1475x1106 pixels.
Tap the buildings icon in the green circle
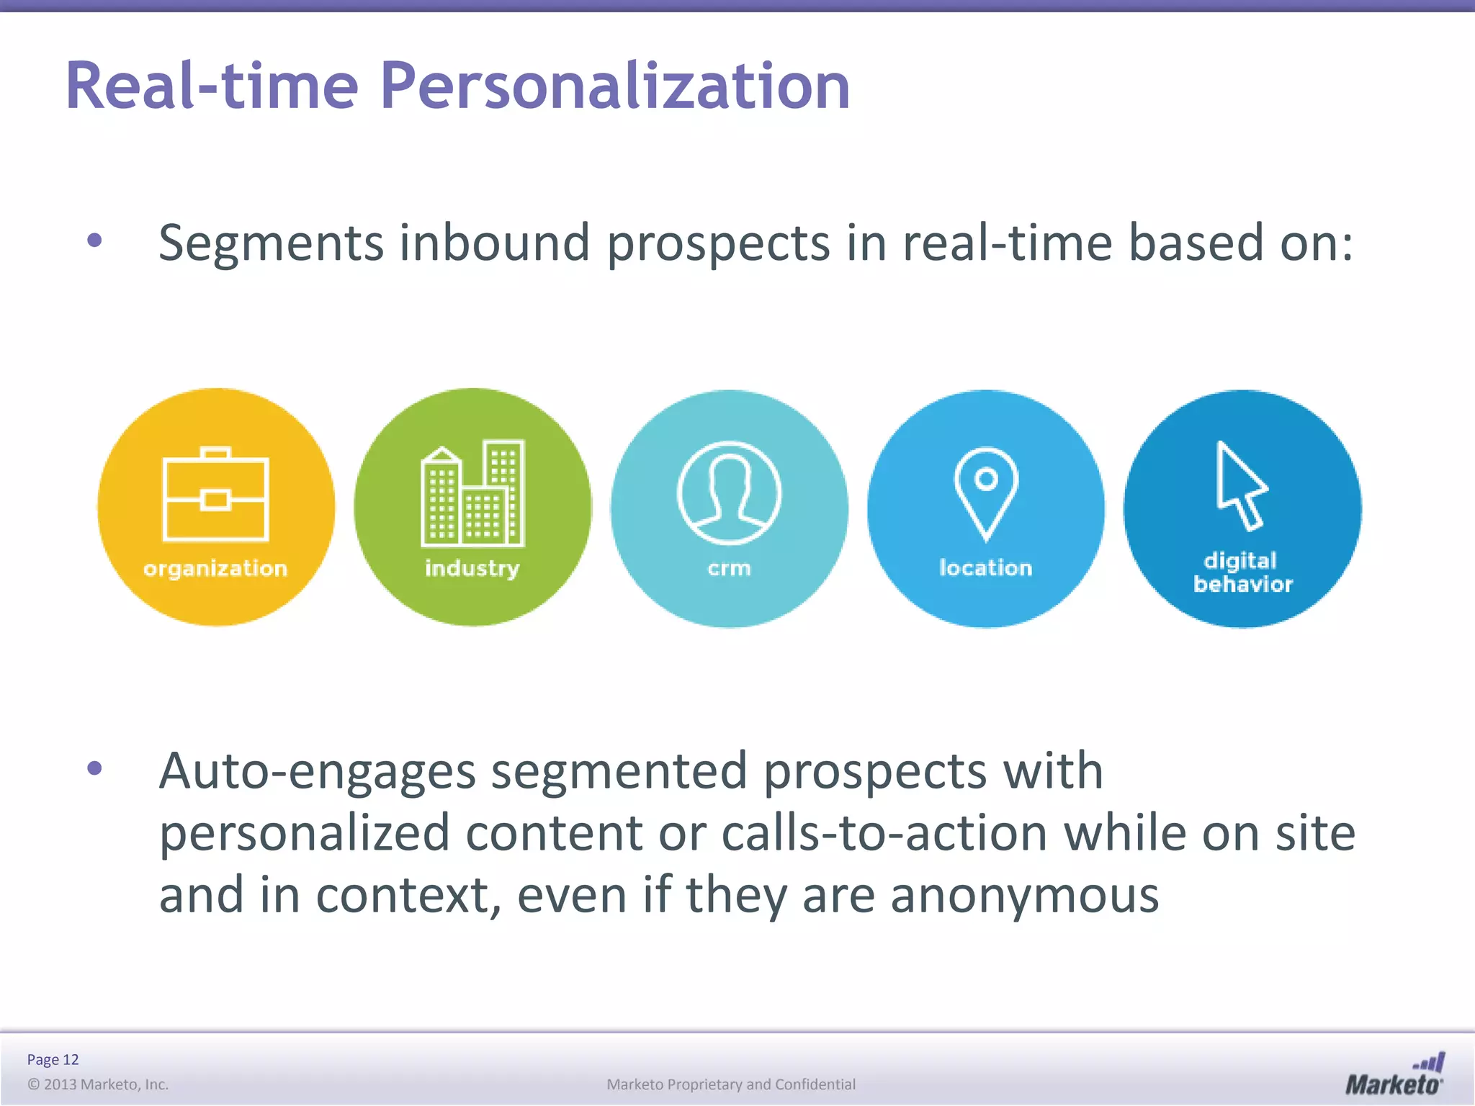(x=472, y=494)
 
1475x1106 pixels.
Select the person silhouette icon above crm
(x=729, y=493)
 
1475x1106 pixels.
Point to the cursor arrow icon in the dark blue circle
(x=1240, y=485)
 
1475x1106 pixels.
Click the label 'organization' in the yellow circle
(x=215, y=569)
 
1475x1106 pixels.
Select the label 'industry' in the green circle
(x=472, y=568)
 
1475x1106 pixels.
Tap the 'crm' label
(x=729, y=568)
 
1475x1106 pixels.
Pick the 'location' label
(x=985, y=567)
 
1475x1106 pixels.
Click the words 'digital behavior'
(x=1242, y=572)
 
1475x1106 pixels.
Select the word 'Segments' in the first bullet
(x=271, y=243)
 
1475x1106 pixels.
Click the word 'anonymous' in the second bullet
(x=1023, y=895)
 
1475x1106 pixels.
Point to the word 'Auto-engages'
(x=317, y=771)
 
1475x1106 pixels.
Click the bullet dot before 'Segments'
(x=94, y=240)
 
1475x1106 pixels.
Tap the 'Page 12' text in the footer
(x=53, y=1059)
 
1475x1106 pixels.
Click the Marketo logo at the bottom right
(x=1394, y=1075)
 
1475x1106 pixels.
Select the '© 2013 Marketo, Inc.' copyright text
(x=98, y=1084)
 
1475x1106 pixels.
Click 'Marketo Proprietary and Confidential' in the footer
(x=731, y=1084)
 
